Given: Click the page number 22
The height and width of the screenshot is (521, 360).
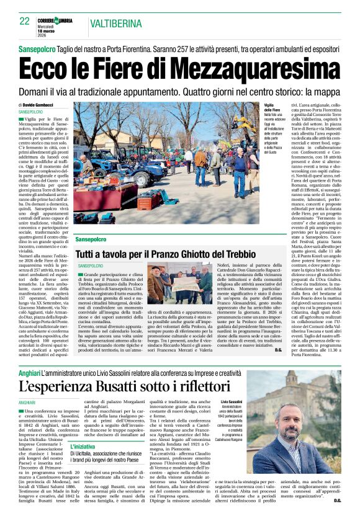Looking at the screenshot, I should (x=24, y=21).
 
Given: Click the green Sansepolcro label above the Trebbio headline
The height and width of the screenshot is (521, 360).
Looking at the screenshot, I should (x=91, y=239).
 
